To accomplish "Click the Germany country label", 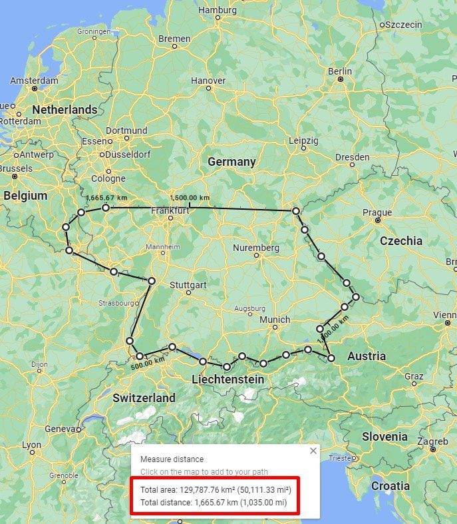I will pos(231,162).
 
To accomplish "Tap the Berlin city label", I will pos(340,71).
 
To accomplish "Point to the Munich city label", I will pos(275,320).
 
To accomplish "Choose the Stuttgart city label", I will pos(190,284).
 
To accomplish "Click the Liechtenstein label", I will pos(228,380).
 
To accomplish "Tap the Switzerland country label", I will pos(144,398).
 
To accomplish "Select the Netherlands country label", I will pos(65,109).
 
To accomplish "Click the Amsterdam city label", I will pos(34,81).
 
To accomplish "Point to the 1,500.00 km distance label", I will pos(190,198).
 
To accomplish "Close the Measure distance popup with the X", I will pos(313,451).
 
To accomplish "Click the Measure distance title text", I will pos(172,459).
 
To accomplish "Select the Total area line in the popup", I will pos(216,489).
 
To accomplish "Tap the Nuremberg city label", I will pos(256,248).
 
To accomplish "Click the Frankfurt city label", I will pos(170,211).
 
